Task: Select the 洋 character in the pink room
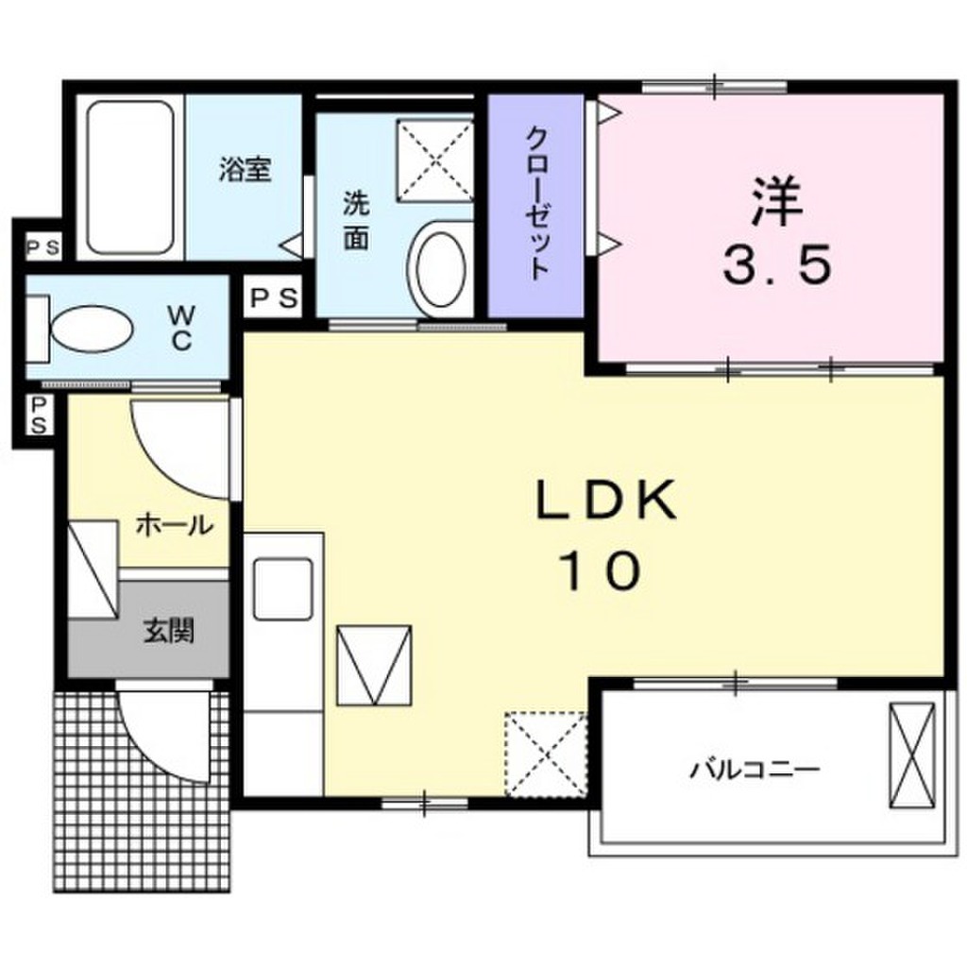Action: (776, 202)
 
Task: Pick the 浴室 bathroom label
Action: (246, 170)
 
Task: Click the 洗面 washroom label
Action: (355, 219)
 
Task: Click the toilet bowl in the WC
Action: (90, 327)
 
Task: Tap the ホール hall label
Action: (174, 525)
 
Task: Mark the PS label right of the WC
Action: (273, 298)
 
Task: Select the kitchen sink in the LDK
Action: (281, 588)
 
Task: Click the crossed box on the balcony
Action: (912, 755)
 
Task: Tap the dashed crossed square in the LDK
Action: (546, 755)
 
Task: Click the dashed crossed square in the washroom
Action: (434, 158)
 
